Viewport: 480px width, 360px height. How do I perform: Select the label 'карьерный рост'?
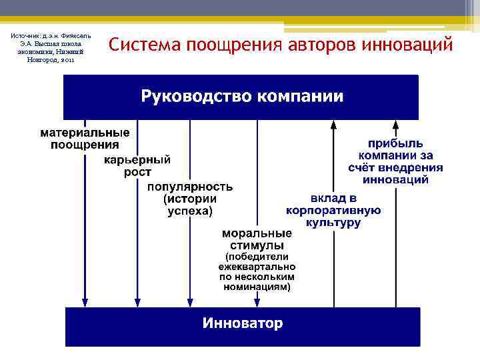pos(137,166)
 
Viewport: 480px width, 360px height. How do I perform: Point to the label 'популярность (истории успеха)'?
pos(190,199)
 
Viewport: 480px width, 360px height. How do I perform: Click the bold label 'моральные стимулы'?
pos(257,240)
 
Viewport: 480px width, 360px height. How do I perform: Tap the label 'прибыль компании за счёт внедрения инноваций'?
pos(395,161)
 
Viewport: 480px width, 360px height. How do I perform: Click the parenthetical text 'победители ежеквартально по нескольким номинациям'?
pos(257,271)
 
